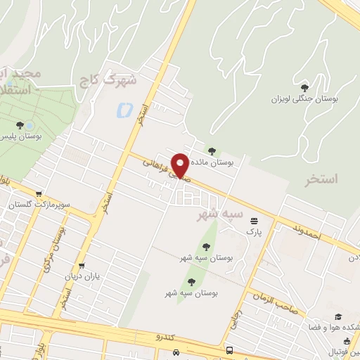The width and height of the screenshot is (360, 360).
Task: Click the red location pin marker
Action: pos(181,165)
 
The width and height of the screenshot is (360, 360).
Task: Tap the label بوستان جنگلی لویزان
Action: pos(305,99)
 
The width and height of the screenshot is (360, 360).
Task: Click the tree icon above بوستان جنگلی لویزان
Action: pos(304,88)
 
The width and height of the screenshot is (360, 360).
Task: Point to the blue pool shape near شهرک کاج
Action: pos(124,110)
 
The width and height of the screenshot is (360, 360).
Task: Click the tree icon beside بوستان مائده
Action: pos(212,150)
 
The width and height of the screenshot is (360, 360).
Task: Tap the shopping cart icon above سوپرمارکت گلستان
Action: pos(39,194)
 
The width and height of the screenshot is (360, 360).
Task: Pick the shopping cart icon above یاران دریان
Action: pos(83,266)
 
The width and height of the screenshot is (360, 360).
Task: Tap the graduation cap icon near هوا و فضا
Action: pos(337,317)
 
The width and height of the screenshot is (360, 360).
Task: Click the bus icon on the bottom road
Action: pos(230,350)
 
